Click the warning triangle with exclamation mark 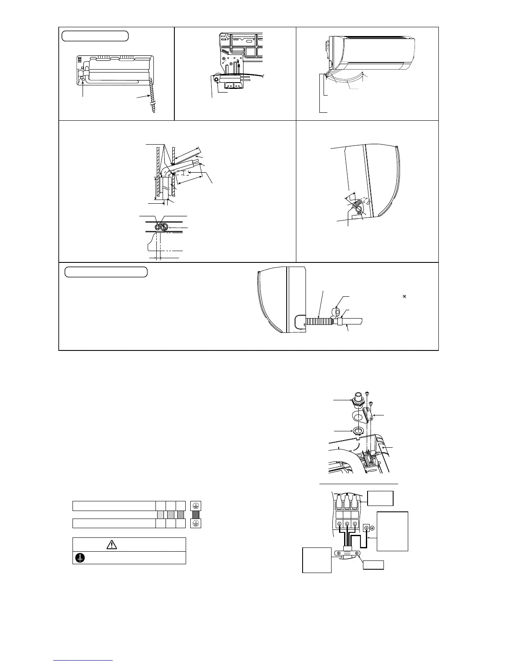(x=111, y=545)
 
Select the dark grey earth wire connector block (x=195, y=514)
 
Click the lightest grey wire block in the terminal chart (x=160, y=514)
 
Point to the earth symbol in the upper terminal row (x=195, y=506)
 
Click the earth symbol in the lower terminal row (x=195, y=523)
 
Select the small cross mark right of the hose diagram (x=404, y=296)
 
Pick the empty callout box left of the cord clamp (x=317, y=560)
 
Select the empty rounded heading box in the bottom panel (x=106, y=272)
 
